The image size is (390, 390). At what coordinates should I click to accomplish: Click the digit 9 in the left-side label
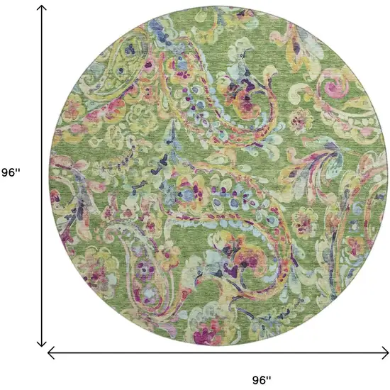[5, 172]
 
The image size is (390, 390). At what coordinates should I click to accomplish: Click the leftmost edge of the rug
[50, 174]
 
